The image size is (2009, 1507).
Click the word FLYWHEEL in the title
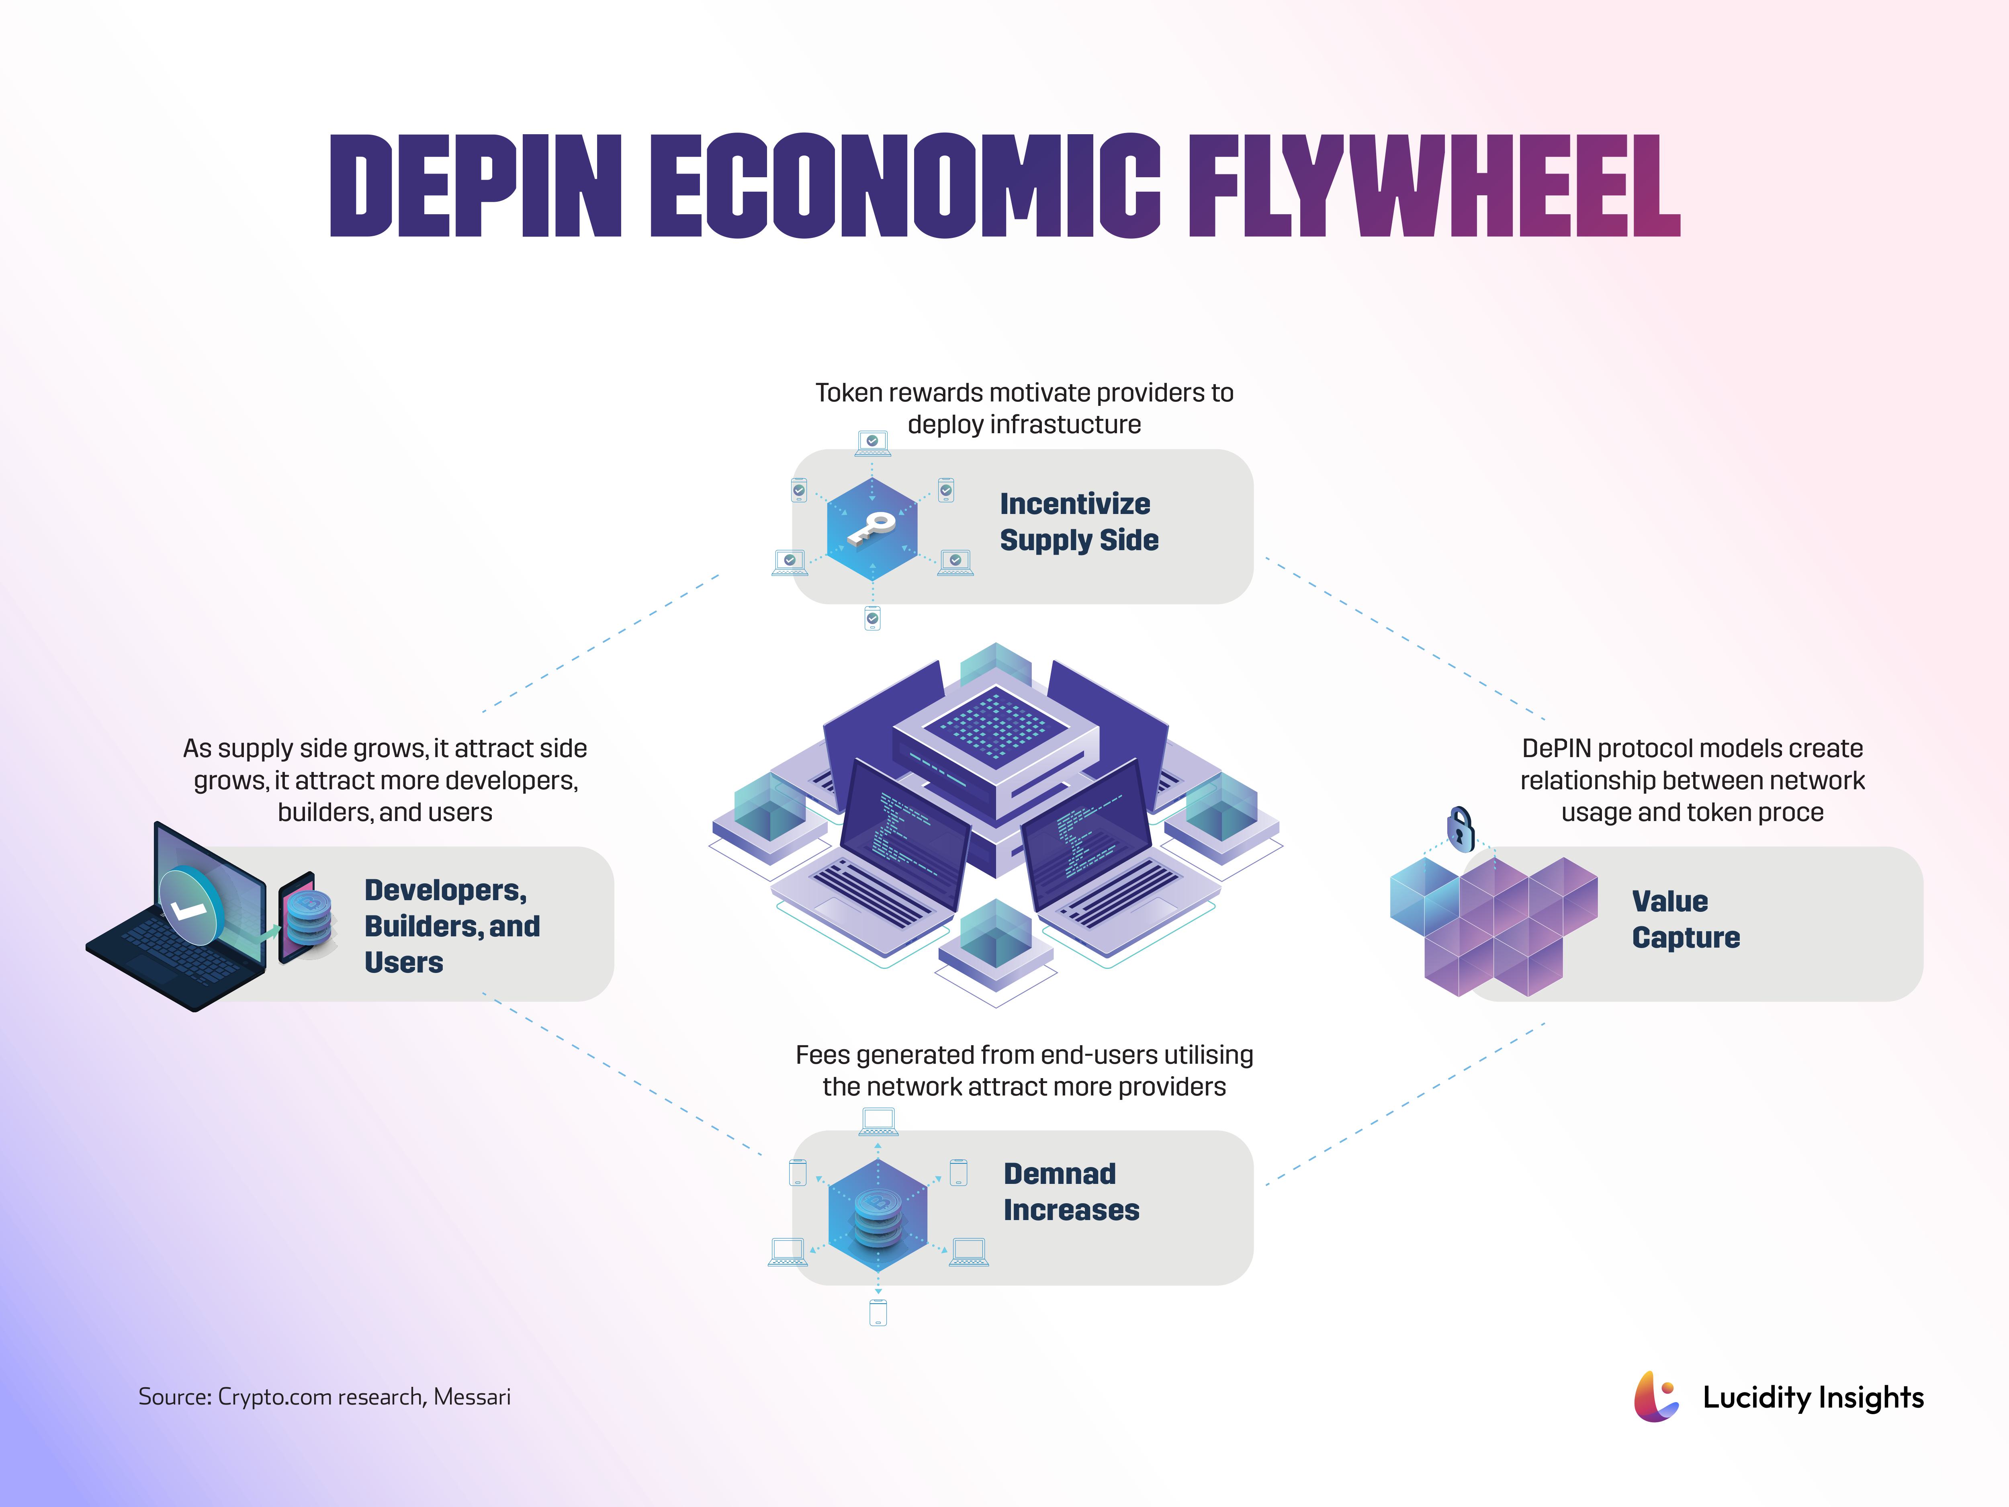click(1433, 186)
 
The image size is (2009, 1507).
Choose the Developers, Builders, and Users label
click(451, 925)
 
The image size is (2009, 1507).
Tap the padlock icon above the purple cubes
click(1459, 828)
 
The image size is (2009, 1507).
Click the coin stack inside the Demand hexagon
click(878, 1217)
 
